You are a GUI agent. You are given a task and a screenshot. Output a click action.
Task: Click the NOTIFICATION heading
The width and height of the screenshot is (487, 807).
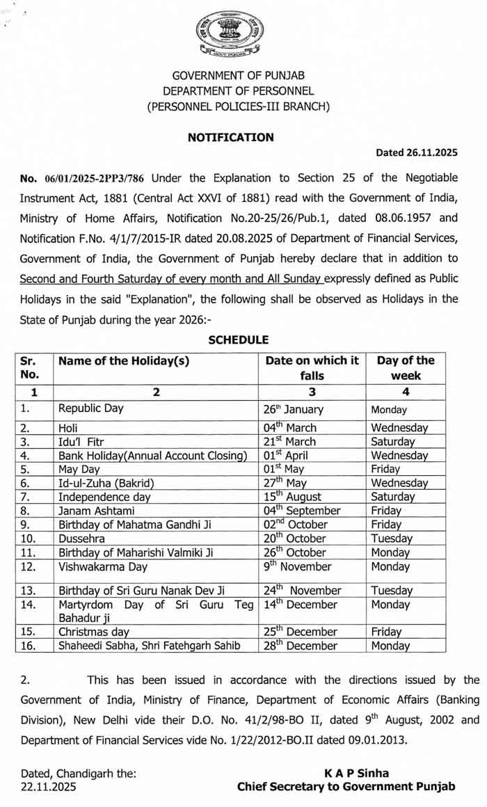pos(231,138)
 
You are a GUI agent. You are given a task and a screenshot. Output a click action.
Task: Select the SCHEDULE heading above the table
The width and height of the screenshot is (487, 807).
pos(239,339)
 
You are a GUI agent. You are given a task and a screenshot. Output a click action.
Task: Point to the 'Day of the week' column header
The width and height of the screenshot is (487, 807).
pos(405,368)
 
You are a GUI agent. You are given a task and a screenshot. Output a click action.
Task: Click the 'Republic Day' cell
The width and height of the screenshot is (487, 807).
pos(90,408)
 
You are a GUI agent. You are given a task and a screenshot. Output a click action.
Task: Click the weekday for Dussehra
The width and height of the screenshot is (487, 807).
pos(392,538)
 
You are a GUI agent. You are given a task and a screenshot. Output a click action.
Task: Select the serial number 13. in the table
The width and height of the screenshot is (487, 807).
pos(29,591)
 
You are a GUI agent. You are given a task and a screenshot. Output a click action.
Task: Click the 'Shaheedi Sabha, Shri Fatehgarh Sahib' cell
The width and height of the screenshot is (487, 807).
pos(150,646)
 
